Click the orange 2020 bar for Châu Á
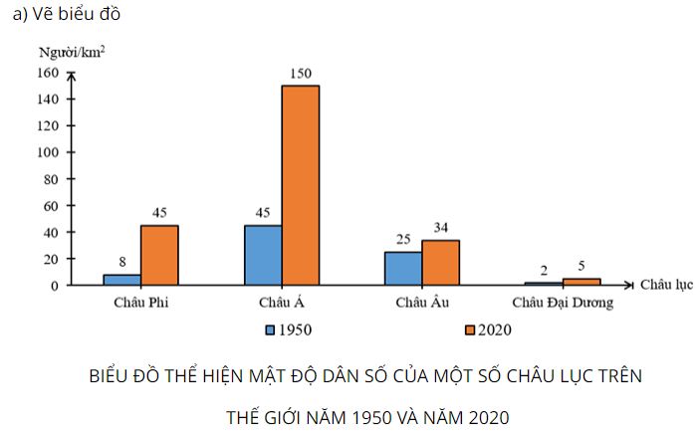pos(301,185)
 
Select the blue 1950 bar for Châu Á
pos(262,255)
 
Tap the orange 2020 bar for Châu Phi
pos(159,255)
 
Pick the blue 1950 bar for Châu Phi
pos(121,280)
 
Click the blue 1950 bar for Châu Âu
pos(402,268)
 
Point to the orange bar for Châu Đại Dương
pos(582,282)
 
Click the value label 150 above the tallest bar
pos(301,73)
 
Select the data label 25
pos(402,240)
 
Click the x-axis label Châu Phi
pos(140,303)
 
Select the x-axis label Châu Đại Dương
pos(563,303)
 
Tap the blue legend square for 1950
pos(269,329)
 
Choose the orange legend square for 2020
pos(470,329)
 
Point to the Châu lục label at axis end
pos(666,285)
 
